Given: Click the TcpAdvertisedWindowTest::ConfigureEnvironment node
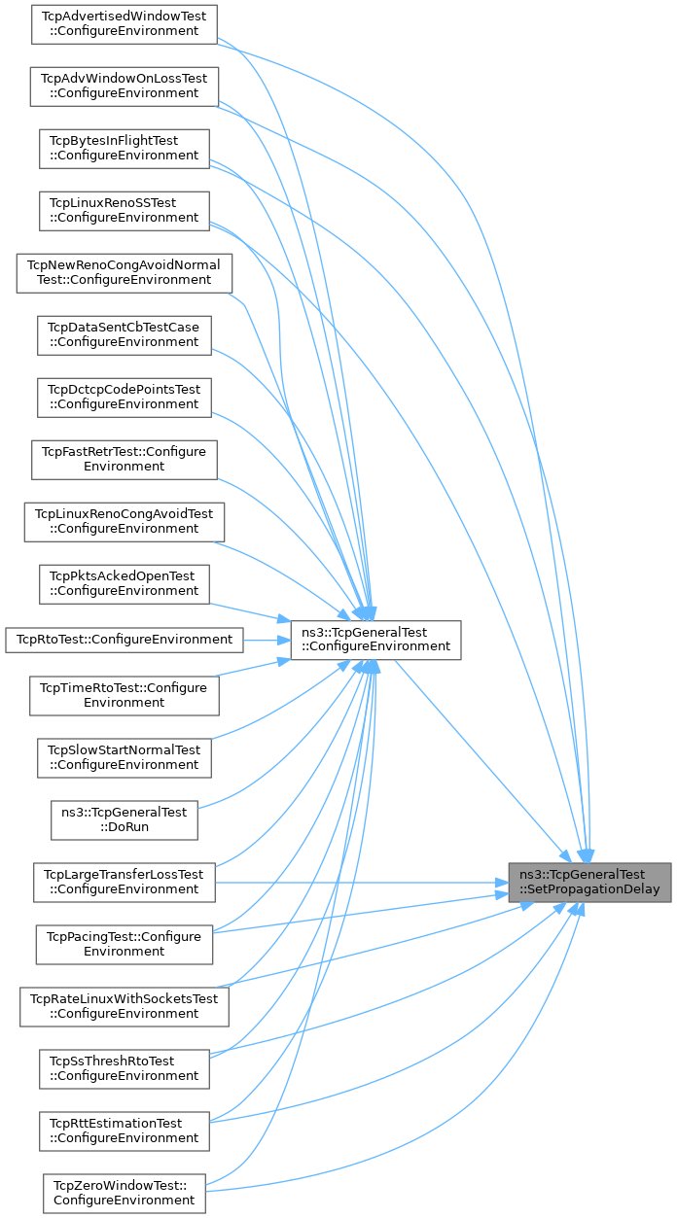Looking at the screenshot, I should [124, 23].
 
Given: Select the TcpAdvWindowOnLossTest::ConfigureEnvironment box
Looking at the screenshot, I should [124, 86].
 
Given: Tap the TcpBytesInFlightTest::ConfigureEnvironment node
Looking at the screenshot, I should [124, 148].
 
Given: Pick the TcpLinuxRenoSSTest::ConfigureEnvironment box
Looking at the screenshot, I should [124, 210].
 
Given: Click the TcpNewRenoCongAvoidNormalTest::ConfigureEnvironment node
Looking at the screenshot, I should [124, 272].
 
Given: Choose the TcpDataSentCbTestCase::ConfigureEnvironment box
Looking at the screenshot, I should [124, 334].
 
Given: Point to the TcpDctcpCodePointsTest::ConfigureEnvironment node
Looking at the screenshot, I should [124, 397].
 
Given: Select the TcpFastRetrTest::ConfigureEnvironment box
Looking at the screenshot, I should [124, 459].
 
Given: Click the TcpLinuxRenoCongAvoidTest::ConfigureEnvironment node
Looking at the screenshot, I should [124, 521].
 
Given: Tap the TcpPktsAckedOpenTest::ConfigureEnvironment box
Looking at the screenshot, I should [124, 583].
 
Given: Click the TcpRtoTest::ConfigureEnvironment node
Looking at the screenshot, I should [124, 639].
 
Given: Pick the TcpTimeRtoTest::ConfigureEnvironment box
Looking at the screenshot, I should [124, 695].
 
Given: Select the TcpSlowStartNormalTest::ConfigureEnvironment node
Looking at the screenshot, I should [124, 757].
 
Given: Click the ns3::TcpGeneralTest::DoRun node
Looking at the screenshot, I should [124, 819].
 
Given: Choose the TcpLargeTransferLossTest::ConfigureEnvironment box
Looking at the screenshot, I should [124, 882].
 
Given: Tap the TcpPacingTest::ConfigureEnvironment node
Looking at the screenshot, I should [124, 944].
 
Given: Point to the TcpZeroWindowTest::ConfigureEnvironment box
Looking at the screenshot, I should [124, 1193].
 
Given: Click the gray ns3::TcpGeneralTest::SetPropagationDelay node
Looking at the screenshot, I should [589, 882].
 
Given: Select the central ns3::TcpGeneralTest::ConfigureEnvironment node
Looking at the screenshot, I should [375, 639].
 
